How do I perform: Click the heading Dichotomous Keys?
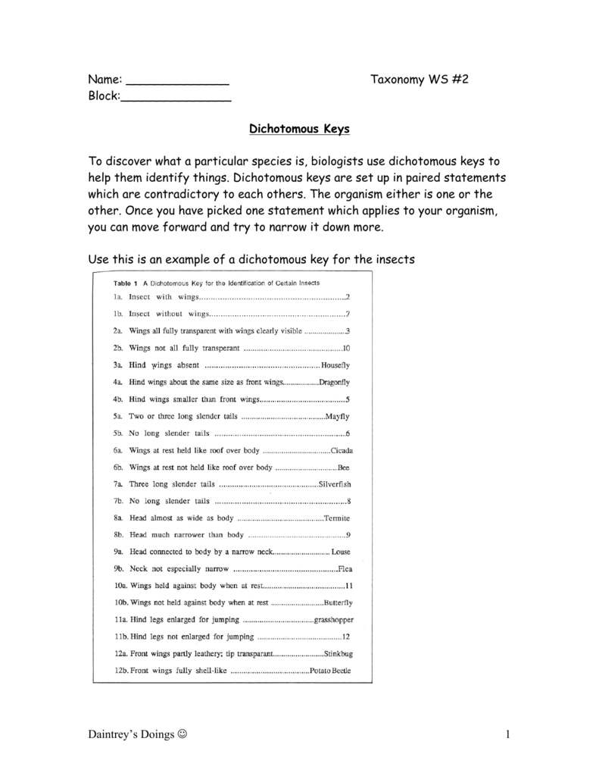tap(300, 129)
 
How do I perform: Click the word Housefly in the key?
tap(335, 365)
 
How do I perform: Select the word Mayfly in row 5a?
tap(336, 417)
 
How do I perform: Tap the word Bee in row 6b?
tap(344, 468)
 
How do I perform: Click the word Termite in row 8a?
tap(336, 518)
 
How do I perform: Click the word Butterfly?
tap(338, 602)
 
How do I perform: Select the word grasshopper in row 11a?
tap(334, 619)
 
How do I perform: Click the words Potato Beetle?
tap(331, 671)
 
